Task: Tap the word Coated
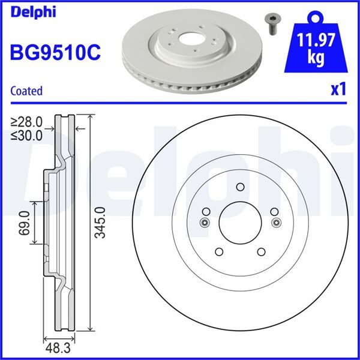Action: tap(27, 91)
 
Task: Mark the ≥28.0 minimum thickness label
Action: tap(26, 123)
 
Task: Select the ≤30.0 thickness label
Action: tap(26, 135)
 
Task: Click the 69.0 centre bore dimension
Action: tap(25, 223)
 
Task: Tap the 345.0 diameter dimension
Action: tap(100, 223)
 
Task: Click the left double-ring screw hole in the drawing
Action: tap(204, 223)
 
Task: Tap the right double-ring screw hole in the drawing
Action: tap(276, 223)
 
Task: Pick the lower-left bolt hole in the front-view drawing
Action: tap(218, 252)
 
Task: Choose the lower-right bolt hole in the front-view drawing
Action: tap(262, 252)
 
